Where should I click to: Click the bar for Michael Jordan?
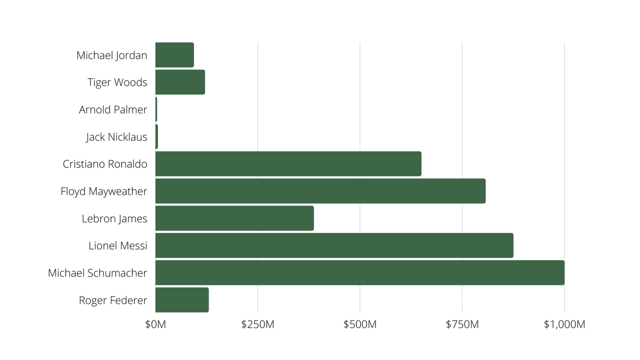[x=174, y=55]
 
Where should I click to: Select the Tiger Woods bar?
[x=180, y=82]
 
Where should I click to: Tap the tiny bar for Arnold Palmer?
[x=156, y=109]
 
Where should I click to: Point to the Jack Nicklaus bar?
[x=157, y=137]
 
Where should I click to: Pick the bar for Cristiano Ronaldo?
[x=288, y=164]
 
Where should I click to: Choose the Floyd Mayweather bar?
[x=320, y=191]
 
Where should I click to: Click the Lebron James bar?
[x=234, y=218]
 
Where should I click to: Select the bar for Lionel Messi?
[x=334, y=245]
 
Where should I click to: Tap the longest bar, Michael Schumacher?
[x=359, y=273]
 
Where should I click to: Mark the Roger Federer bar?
[x=182, y=300]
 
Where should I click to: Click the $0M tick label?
[x=155, y=324]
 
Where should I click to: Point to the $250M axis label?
[x=258, y=324]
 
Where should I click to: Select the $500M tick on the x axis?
[x=360, y=324]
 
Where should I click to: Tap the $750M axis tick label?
[x=462, y=324]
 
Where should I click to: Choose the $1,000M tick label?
[x=564, y=324]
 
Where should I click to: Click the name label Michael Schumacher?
[x=98, y=273]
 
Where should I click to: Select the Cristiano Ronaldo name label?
[x=105, y=164]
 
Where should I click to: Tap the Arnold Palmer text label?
[x=113, y=109]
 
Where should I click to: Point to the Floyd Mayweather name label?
[x=103, y=191]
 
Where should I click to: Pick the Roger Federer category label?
[x=113, y=300]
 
